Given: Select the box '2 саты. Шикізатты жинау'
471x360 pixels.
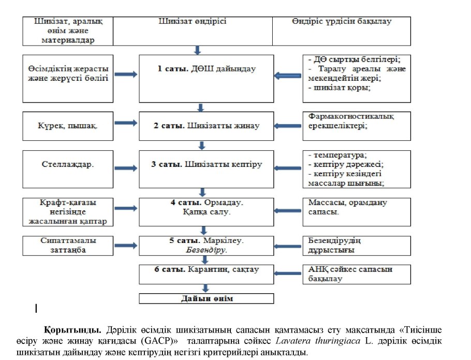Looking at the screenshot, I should [207, 126].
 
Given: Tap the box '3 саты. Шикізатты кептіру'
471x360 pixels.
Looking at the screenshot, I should [207, 169].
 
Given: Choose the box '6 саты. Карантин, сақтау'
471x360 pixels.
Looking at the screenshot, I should [207, 274].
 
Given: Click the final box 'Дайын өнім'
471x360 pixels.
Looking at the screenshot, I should [207, 299].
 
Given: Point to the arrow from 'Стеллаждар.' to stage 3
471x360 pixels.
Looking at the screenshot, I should [125, 167].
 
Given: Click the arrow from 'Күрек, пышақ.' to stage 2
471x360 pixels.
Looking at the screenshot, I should [125, 125].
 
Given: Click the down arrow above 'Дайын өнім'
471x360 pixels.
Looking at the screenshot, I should [206, 289].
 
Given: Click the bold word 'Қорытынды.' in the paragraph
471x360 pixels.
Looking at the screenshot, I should [73, 329].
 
